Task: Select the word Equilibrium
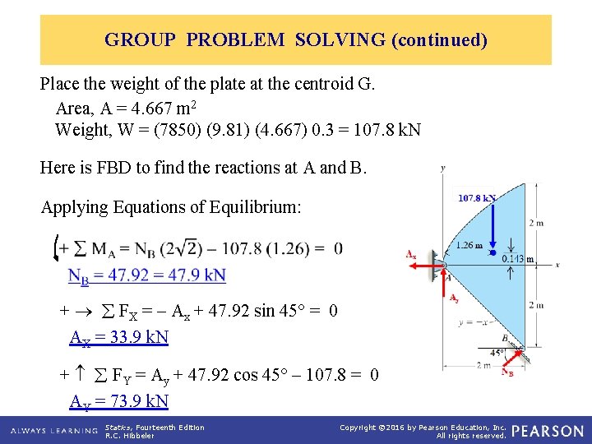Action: click(x=257, y=207)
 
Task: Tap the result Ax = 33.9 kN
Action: click(x=119, y=337)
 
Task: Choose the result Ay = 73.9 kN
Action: click(x=119, y=401)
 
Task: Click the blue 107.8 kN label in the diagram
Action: click(x=477, y=198)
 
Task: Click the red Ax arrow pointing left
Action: click(x=428, y=263)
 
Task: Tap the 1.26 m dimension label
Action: click(x=469, y=245)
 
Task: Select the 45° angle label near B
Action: click(x=497, y=351)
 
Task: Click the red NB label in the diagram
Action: click(x=510, y=372)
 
